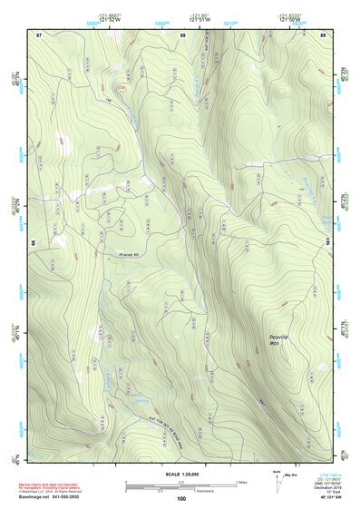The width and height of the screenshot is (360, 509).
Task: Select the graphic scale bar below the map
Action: [180, 485]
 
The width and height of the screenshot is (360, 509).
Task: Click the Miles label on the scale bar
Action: [241, 481]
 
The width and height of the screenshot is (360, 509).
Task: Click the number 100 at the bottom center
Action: [180, 499]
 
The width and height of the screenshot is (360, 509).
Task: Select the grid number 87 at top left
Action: [40, 34]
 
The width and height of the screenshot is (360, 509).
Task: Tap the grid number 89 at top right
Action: [323, 34]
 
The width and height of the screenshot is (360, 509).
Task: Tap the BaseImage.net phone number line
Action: [54, 499]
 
